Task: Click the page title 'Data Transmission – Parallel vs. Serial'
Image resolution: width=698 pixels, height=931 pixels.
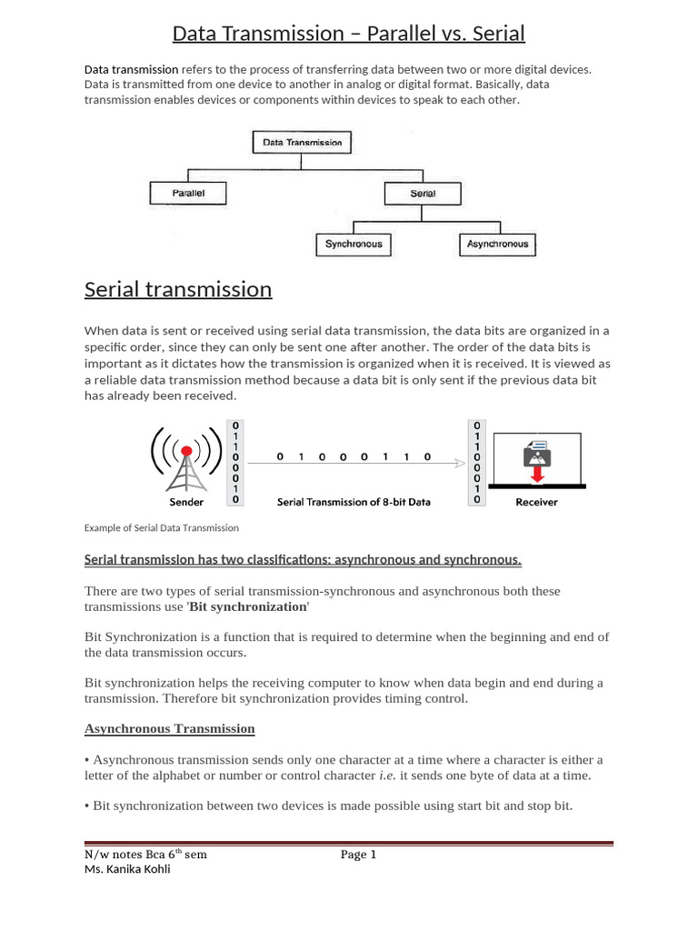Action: pos(349,35)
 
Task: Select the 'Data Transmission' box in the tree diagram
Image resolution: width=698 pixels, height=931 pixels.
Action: pos(302,143)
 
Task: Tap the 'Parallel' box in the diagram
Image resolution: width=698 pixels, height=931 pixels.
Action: pos(188,194)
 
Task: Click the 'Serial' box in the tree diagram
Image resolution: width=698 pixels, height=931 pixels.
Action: pos(423,194)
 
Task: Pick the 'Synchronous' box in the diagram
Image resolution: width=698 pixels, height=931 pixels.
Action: pos(354,245)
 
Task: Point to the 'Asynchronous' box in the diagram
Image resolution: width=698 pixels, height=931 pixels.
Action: pos(497,245)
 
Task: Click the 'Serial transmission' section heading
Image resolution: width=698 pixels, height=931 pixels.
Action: pos(178,289)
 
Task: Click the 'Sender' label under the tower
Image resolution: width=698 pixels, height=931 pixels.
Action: pos(186,501)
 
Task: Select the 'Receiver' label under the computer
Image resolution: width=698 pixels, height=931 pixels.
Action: pos(536,501)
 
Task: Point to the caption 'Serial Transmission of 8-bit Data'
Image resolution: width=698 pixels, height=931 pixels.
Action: pos(354,501)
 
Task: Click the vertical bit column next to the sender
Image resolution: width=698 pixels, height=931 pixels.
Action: pos(235,462)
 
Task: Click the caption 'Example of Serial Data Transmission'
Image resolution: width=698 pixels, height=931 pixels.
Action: pos(162,527)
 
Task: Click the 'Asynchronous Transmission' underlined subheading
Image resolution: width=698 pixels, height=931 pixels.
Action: pos(170,728)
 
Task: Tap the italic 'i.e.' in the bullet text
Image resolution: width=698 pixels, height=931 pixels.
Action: pos(386,776)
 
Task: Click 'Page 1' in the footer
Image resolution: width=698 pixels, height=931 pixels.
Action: pos(358,854)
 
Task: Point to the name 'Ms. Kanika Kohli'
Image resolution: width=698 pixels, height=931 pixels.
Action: pos(127,868)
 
